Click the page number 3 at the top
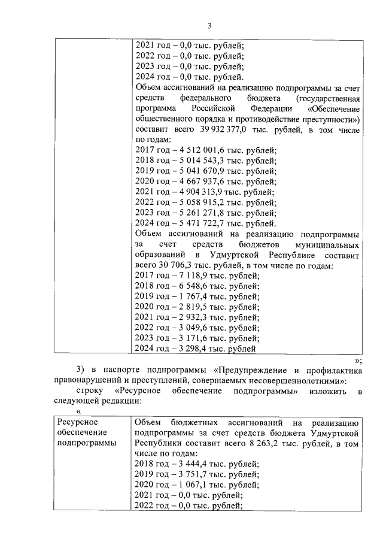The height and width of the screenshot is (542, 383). tap(209, 26)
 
